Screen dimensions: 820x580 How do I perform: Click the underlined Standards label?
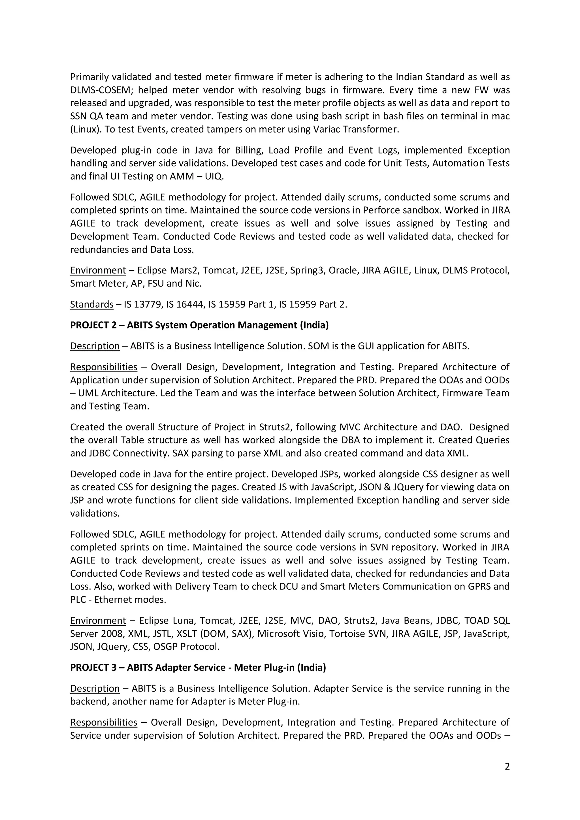pyautogui.click(x=92, y=304)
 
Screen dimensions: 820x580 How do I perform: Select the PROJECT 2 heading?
pyautogui.click(x=199, y=325)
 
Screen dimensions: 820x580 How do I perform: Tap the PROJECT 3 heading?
pyautogui.click(x=198, y=667)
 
